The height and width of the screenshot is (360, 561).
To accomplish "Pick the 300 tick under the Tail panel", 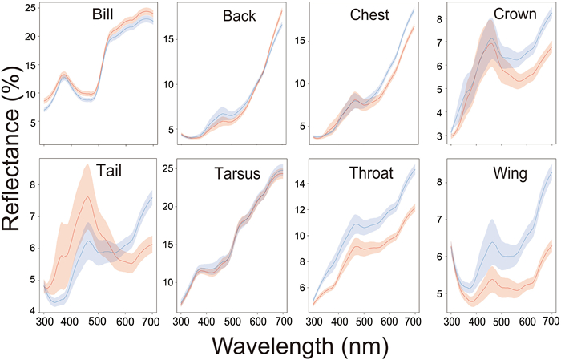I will pos(45,321).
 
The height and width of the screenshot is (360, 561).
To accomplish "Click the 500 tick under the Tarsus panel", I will pos(232,321).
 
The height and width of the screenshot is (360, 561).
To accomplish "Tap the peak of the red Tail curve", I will pos(88,197).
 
